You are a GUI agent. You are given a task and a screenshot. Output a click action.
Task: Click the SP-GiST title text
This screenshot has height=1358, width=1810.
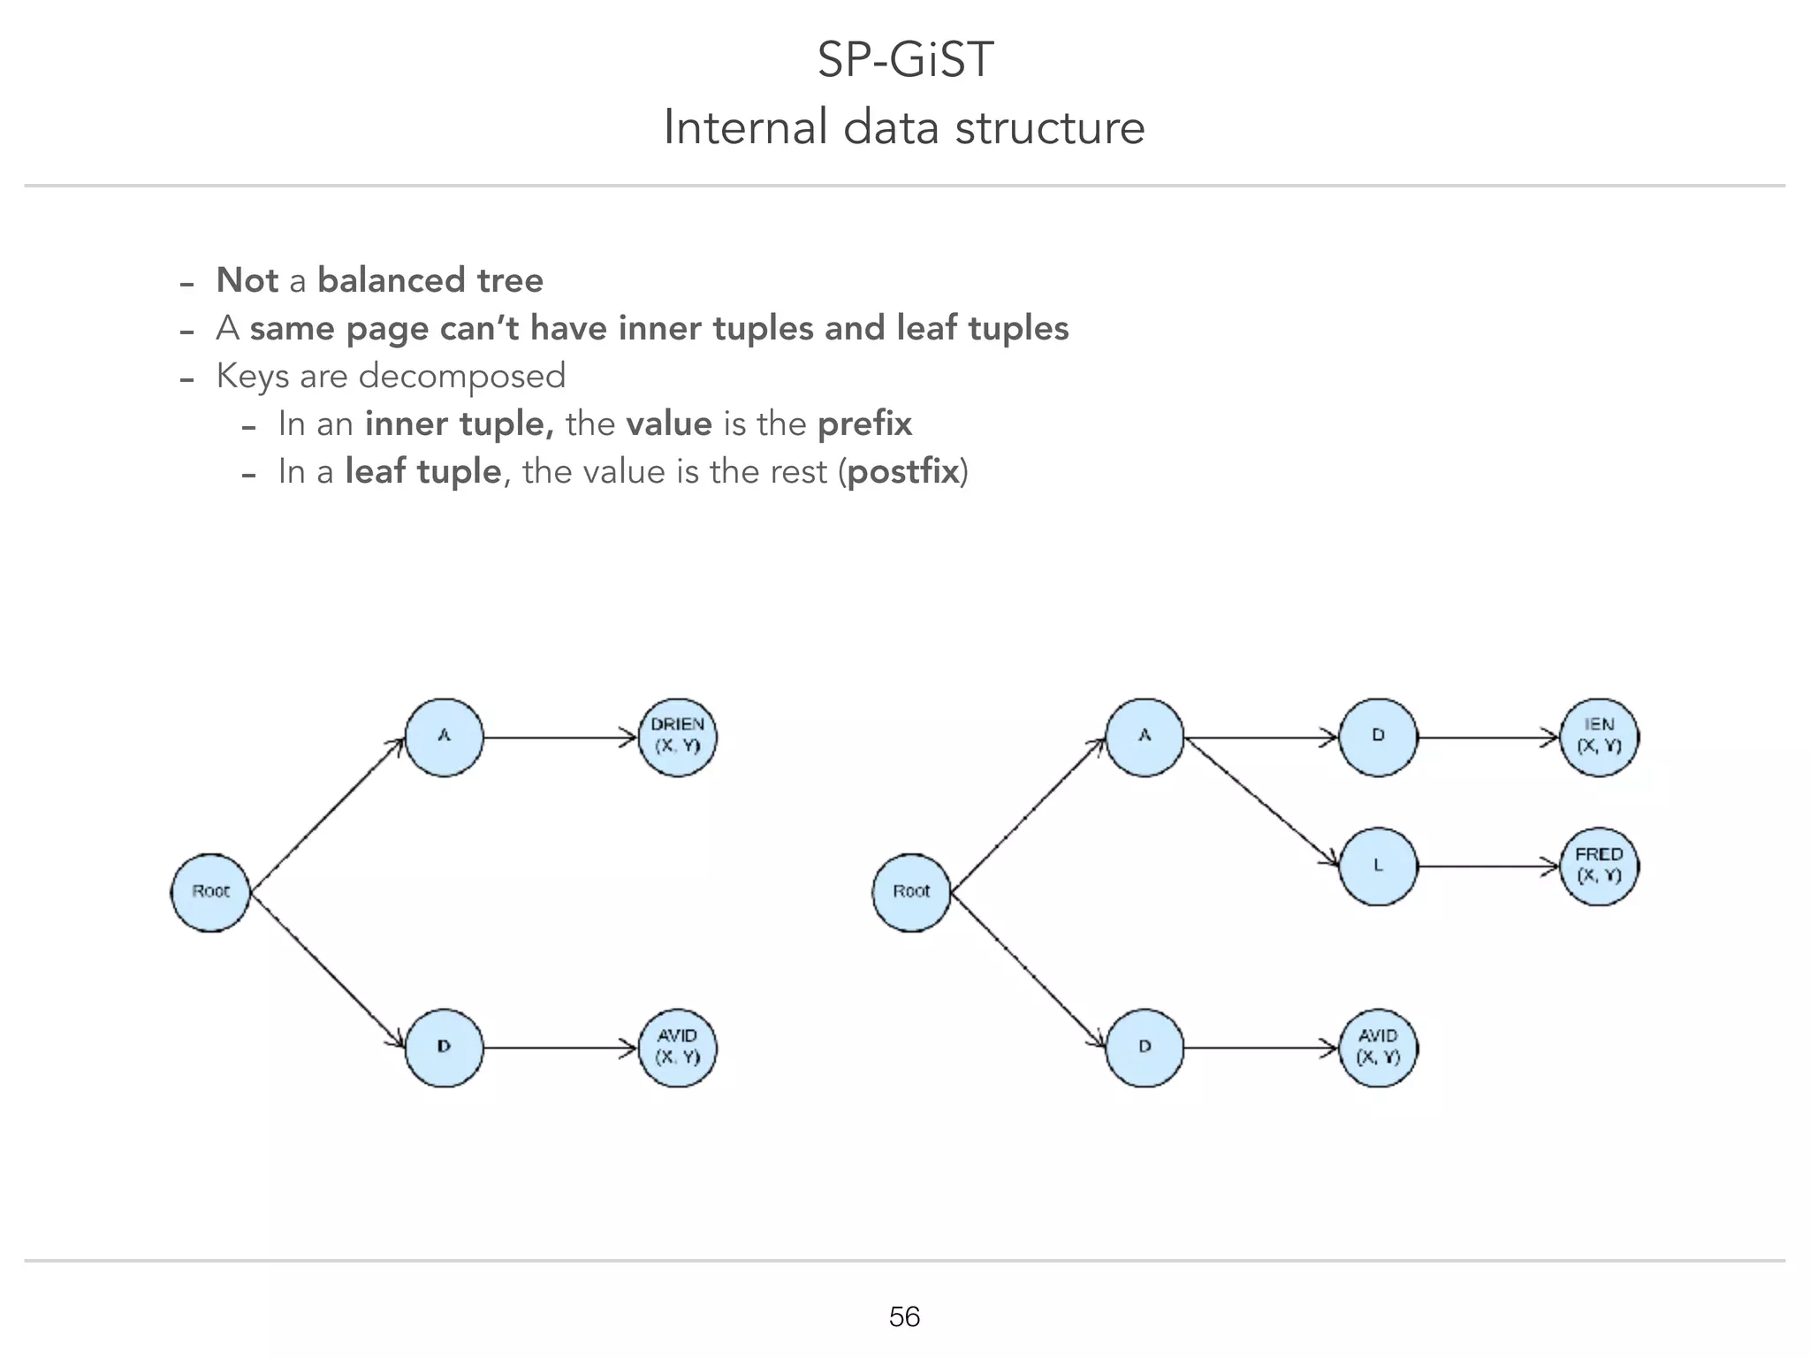[905, 60]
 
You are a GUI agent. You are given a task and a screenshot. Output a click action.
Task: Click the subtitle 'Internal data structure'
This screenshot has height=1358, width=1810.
[904, 127]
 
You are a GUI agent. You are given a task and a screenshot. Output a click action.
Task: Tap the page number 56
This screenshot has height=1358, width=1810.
[904, 1316]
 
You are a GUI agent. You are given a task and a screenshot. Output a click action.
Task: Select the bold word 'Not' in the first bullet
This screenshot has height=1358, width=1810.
[247, 280]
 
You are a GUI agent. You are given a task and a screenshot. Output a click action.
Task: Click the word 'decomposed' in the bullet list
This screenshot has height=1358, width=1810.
[461, 377]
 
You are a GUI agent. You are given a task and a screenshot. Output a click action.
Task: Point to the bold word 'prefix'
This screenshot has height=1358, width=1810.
[864, 424]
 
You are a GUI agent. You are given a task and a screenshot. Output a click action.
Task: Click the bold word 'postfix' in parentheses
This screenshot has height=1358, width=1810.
[902, 472]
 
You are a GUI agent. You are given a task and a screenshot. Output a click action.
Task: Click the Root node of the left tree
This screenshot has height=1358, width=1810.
[210, 892]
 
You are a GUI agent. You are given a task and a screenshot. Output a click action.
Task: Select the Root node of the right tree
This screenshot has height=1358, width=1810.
[911, 892]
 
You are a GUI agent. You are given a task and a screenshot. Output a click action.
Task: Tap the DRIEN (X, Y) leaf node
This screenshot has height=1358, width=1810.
[677, 737]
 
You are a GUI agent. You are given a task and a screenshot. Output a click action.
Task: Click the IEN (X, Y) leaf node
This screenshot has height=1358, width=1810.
[1599, 737]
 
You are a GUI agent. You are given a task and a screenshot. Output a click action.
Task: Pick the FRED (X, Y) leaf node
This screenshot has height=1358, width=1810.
[1599, 866]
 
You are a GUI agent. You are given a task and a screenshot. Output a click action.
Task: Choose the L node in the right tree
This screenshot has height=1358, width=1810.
[1378, 866]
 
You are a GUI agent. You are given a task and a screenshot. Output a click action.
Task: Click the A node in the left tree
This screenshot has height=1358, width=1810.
[444, 737]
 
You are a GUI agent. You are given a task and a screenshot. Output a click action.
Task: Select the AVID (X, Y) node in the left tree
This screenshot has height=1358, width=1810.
[677, 1048]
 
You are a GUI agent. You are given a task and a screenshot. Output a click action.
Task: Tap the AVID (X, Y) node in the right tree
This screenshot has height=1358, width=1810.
[1378, 1048]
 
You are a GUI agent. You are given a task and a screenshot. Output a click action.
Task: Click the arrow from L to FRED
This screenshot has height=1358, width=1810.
[1488, 866]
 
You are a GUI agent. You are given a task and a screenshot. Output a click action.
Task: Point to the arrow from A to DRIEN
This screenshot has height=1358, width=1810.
[560, 737]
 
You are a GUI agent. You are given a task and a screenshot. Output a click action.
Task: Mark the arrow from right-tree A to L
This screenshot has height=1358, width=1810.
[1261, 801]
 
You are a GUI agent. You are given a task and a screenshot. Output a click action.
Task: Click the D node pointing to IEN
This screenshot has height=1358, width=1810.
[1378, 737]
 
